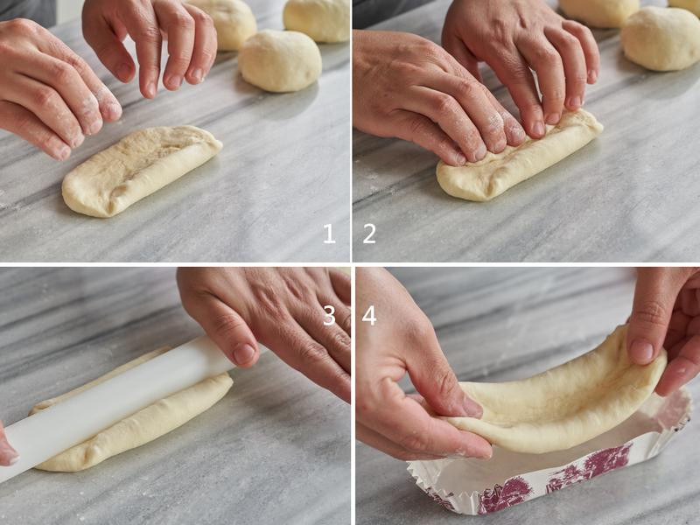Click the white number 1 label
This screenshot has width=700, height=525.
329,234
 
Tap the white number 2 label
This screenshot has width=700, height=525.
369,234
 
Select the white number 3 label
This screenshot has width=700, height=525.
329,316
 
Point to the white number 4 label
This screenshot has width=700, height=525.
369,316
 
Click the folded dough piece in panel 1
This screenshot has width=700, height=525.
141,171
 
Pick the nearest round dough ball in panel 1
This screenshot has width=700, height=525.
280,60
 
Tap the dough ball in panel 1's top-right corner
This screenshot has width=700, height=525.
317,20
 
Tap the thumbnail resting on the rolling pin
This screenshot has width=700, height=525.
244,353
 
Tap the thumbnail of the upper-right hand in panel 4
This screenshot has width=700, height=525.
641,352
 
